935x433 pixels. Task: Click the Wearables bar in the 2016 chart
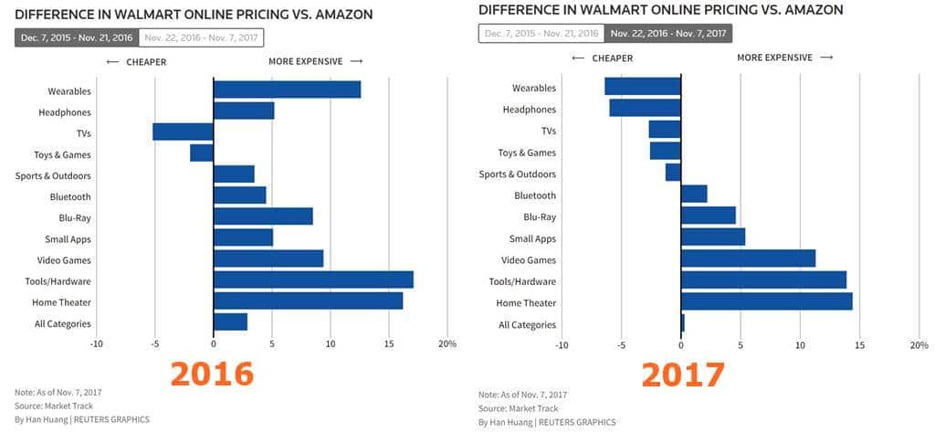click(287, 90)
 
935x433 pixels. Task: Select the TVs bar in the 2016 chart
click(183, 132)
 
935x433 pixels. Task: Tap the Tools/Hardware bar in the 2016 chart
click(313, 280)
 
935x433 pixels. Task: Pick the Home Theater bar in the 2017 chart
click(766, 301)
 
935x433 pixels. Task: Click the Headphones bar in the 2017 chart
click(645, 108)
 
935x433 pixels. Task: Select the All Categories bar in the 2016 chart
click(230, 322)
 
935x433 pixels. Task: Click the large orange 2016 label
click(212, 375)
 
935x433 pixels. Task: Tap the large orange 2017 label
click(682, 375)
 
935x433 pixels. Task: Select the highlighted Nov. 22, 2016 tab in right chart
click(668, 33)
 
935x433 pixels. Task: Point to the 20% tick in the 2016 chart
click(446, 343)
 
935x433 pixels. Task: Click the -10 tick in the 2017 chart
click(562, 345)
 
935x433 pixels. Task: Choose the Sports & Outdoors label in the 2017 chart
click(518, 174)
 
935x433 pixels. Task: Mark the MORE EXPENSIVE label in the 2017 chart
click(774, 58)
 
